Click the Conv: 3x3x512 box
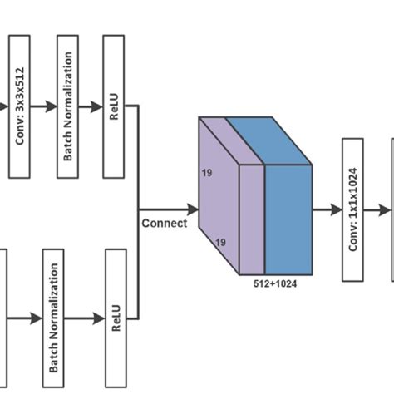(x=19, y=106)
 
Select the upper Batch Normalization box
(x=67, y=106)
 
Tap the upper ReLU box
(x=114, y=106)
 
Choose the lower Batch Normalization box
(x=52, y=318)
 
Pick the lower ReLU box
(x=116, y=318)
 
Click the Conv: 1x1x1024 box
(x=353, y=209)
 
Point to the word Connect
(x=164, y=223)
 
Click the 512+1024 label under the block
(x=274, y=283)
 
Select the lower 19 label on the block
(x=222, y=244)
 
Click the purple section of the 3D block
(x=219, y=208)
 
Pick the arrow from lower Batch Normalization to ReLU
(x=86, y=318)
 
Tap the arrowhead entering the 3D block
(x=193, y=209)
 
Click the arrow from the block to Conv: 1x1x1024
(x=327, y=209)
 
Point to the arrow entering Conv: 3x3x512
(x=4, y=106)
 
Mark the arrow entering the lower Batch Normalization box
(x=23, y=318)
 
